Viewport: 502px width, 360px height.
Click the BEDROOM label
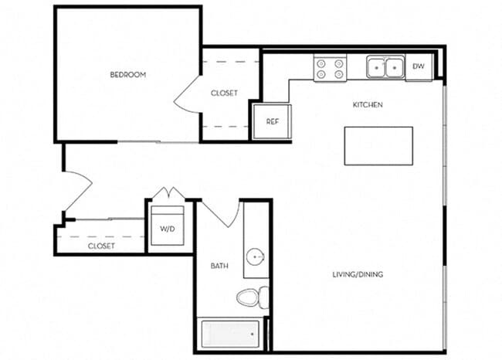tap(127, 75)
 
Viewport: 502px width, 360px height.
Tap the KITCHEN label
tap(368, 104)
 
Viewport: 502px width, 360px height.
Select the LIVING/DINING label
tap(358, 274)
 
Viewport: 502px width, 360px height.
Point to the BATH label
tap(219, 266)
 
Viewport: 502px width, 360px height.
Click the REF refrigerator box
tap(272, 121)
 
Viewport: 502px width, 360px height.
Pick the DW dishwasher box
tap(419, 67)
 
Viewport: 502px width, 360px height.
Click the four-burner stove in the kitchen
tap(331, 69)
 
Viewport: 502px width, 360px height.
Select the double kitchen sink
tap(385, 68)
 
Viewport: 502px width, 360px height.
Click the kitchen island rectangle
tap(378, 146)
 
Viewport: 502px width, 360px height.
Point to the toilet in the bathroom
tap(251, 297)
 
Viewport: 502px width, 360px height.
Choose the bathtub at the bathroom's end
tap(231, 335)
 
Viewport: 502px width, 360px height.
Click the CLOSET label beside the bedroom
tap(224, 93)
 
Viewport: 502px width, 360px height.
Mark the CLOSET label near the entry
tap(101, 246)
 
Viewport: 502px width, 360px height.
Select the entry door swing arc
tap(80, 189)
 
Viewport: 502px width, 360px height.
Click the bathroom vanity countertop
tap(256, 239)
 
